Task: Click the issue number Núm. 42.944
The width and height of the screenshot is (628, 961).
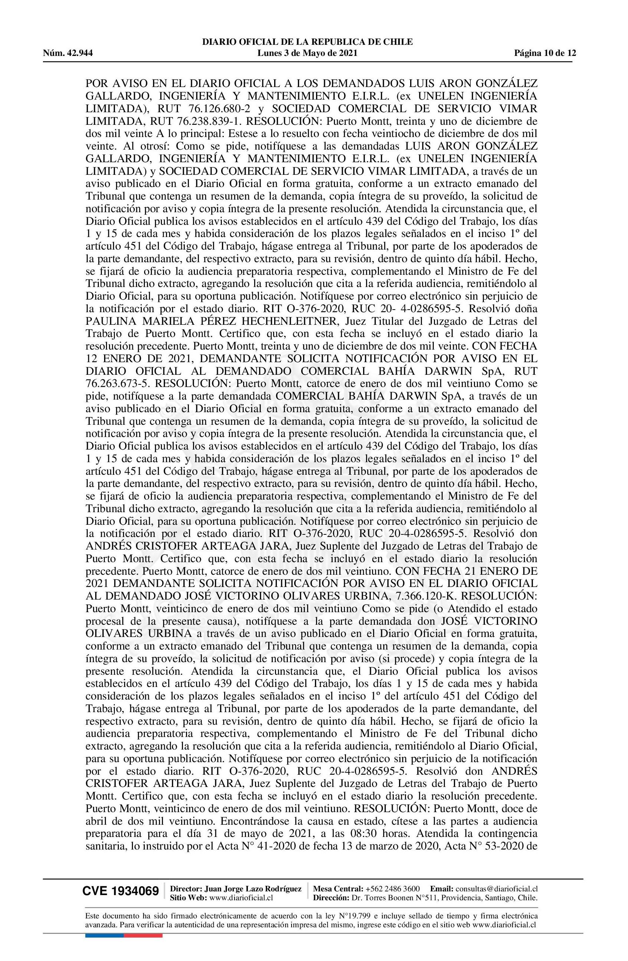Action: (68, 53)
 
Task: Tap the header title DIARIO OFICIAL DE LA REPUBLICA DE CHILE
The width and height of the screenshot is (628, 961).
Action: (308, 42)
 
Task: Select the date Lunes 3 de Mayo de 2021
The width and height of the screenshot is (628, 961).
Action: (308, 53)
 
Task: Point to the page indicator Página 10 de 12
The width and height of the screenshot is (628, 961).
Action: (545, 53)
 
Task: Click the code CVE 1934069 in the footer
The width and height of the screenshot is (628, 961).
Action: (120, 891)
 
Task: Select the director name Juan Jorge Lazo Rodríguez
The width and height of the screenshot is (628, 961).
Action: (253, 888)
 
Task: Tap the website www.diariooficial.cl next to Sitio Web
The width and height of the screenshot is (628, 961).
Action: (242, 898)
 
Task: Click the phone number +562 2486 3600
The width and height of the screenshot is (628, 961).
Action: (392, 888)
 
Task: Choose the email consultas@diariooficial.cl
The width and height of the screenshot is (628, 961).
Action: (496, 888)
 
